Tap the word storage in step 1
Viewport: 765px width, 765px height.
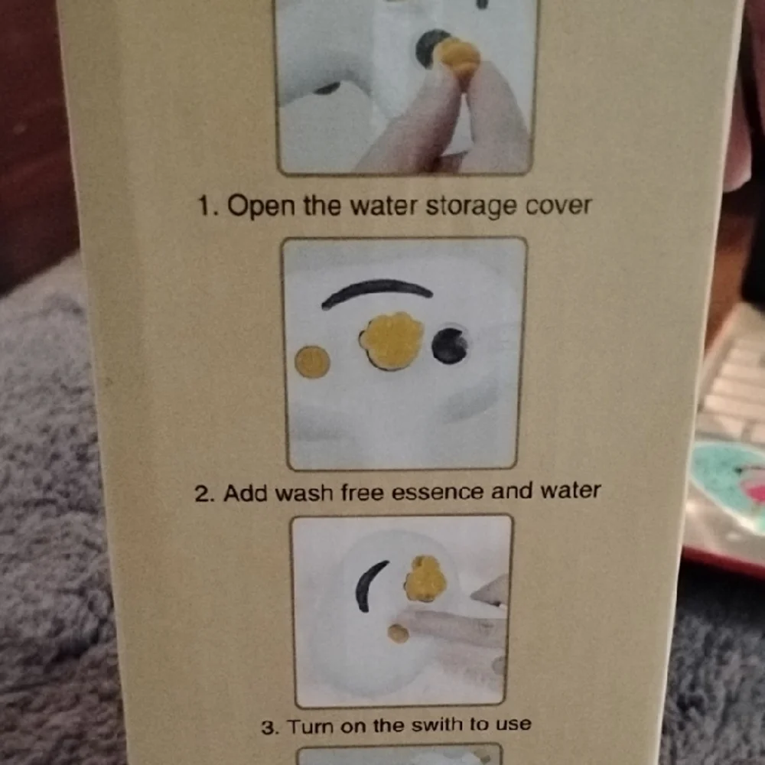471,207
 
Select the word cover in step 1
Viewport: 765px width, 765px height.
558,206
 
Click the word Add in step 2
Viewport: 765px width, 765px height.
246,493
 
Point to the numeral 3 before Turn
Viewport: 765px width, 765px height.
269,727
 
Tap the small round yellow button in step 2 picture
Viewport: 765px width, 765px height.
312,362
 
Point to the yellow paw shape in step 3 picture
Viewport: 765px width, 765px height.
425,578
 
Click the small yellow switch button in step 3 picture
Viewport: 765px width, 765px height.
398,633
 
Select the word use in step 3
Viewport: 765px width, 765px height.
514,724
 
